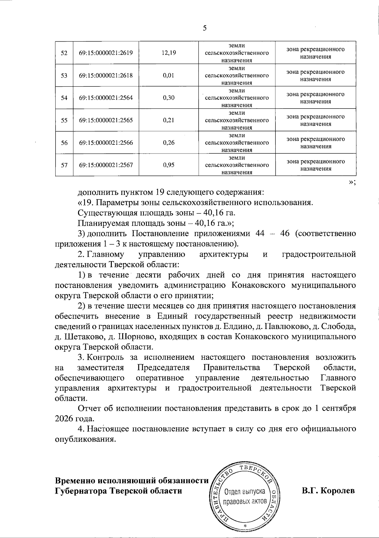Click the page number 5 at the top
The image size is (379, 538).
tap(205, 28)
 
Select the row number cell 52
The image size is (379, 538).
tap(64, 53)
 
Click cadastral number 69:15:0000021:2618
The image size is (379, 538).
tap(106, 75)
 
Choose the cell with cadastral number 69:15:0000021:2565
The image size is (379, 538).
tap(106, 120)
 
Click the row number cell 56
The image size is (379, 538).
tap(64, 143)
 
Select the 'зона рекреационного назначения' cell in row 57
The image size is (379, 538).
tap(316, 165)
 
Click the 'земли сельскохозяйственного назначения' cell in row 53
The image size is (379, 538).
tap(237, 75)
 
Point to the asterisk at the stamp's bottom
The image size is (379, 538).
tap(245, 526)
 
